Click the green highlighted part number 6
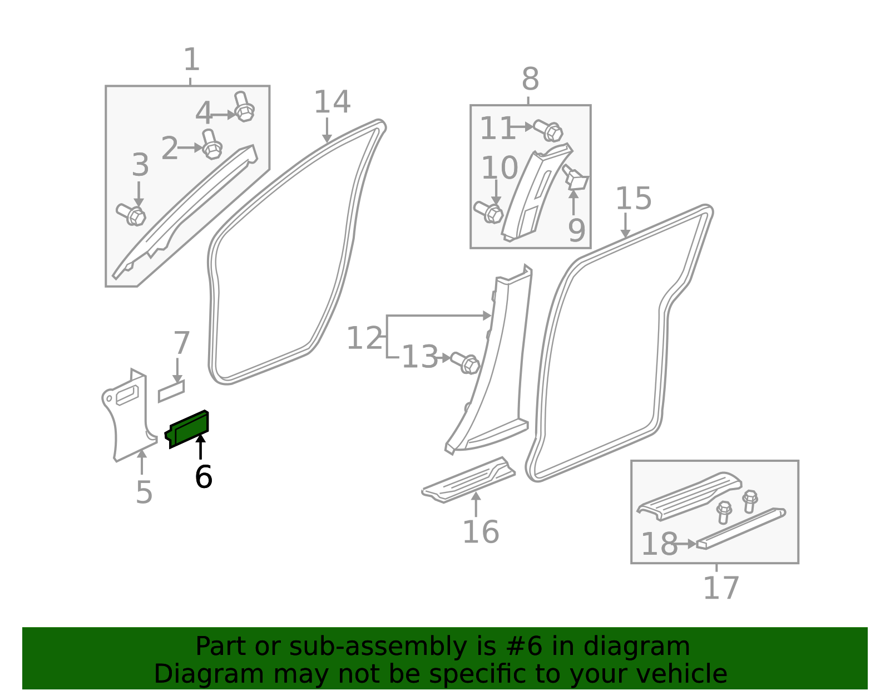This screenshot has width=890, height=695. coord(187,429)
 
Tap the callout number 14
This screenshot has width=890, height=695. coord(332,102)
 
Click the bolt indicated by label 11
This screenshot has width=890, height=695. coord(548,130)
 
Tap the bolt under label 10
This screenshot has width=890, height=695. coord(488,212)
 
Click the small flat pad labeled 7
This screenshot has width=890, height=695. coord(171,391)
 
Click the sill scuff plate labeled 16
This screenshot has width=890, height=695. coord(468,480)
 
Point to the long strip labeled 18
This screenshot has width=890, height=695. coord(741,528)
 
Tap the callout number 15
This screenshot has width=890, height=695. coord(633,198)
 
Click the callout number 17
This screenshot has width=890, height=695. coord(721,587)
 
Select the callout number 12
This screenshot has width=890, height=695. coord(364,338)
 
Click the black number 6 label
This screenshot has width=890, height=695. coord(204,476)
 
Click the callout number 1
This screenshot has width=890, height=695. coord(192,60)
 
